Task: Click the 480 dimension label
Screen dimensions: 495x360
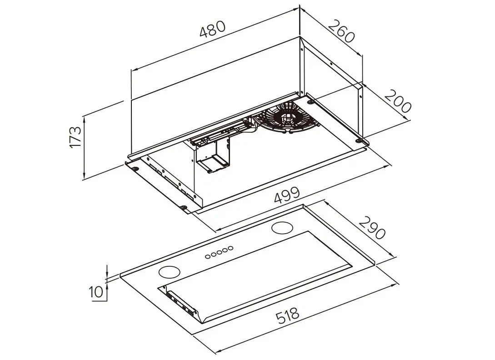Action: (x=213, y=30)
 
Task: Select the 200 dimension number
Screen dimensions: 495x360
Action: (x=397, y=101)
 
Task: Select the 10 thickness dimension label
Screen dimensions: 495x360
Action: (x=96, y=292)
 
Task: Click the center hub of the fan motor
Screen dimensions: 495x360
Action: (x=286, y=118)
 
